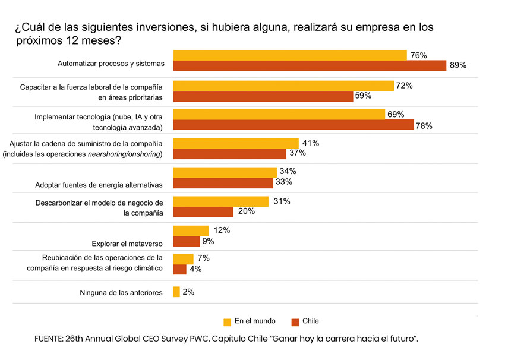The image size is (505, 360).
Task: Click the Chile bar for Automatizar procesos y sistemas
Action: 309,65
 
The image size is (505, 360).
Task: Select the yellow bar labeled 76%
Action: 289,55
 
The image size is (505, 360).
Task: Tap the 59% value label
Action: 363,96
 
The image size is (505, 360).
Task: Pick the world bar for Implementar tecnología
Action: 279,114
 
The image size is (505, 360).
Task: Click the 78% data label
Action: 424,126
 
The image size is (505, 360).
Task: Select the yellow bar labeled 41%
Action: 235,143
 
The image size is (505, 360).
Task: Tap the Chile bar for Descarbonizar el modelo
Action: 203,211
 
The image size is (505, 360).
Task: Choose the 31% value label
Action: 282,201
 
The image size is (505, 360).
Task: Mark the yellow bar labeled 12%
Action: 190,230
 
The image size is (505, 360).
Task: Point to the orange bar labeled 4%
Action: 179,269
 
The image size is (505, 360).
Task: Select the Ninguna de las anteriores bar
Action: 176,292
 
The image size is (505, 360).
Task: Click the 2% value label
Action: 188,292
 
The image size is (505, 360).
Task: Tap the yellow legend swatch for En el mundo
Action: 228,322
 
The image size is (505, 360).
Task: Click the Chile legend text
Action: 311,321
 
